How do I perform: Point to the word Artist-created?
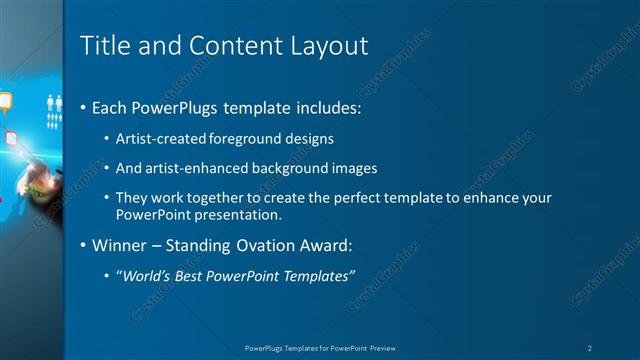tap(156, 139)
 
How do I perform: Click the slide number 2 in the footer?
tap(591, 347)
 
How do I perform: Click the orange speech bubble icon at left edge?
tap(5, 100)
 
